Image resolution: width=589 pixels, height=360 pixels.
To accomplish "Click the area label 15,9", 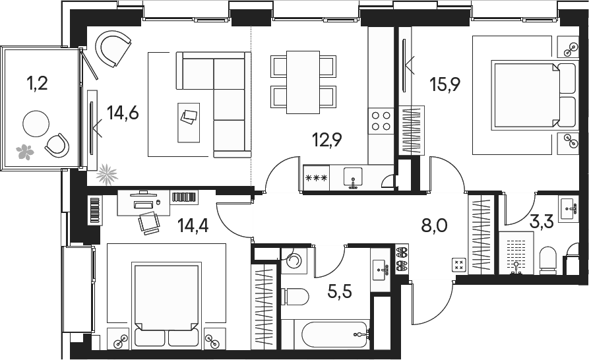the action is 445,84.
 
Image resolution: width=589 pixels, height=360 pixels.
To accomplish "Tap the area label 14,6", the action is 123,112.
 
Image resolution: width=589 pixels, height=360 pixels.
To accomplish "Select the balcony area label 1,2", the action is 37,83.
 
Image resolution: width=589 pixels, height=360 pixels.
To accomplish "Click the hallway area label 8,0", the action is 434,226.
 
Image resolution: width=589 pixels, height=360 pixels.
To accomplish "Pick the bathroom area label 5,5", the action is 340,291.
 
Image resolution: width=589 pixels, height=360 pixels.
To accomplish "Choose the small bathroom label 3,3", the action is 542,222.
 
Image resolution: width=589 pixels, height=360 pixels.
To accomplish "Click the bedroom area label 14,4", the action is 193,225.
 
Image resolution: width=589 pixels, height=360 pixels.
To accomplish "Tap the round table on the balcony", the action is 36,124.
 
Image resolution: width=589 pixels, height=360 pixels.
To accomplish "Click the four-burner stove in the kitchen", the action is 381,121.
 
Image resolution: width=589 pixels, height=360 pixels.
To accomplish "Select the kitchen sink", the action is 353,177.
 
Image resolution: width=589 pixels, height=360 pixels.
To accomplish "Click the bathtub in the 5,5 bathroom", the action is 336,334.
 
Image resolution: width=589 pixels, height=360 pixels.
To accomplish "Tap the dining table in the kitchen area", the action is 303,82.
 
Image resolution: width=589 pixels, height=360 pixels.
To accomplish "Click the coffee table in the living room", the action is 189,123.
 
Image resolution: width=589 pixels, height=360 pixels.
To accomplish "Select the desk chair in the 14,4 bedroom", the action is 150,223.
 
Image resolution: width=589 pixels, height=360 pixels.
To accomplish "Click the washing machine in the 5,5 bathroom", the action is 294,260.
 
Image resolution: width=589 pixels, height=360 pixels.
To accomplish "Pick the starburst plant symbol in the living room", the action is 107,175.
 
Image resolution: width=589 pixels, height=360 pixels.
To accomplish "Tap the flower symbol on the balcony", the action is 25,152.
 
